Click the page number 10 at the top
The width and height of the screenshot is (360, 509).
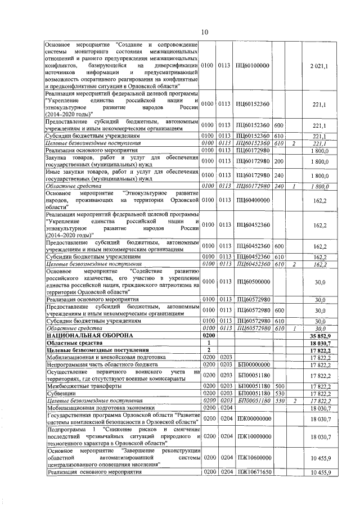204,31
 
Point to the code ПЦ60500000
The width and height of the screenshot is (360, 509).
253,281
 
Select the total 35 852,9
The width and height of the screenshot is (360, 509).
318,335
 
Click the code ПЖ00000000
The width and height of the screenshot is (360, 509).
253,419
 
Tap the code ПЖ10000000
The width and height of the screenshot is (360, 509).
253,436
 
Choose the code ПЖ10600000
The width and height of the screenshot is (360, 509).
253,458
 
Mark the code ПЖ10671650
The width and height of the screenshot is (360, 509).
253,472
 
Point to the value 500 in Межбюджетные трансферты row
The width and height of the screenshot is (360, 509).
279,386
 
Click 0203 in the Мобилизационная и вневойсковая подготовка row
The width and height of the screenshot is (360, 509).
226,357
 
